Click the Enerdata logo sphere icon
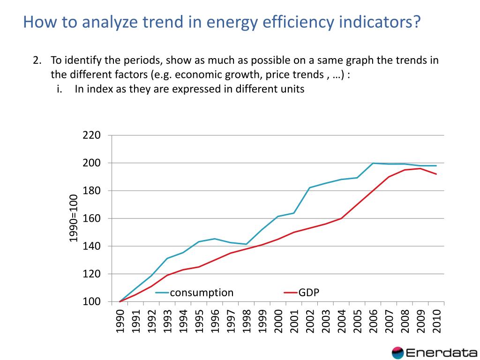[x=397, y=352]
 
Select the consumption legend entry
[x=201, y=293]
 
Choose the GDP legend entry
[x=309, y=293]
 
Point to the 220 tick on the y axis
[x=92, y=135]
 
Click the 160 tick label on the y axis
[x=92, y=218]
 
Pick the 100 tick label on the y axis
[x=92, y=301]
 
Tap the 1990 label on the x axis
[x=120, y=321]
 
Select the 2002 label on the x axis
[x=310, y=321]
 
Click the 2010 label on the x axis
[x=436, y=321]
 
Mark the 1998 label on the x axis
[x=247, y=321]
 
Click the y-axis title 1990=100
[x=74, y=218]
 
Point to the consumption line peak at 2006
[x=373, y=163]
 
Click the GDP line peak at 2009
[x=420, y=168]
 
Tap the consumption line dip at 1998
[x=247, y=244]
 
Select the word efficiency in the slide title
[x=288, y=22]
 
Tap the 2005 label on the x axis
[x=357, y=321]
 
